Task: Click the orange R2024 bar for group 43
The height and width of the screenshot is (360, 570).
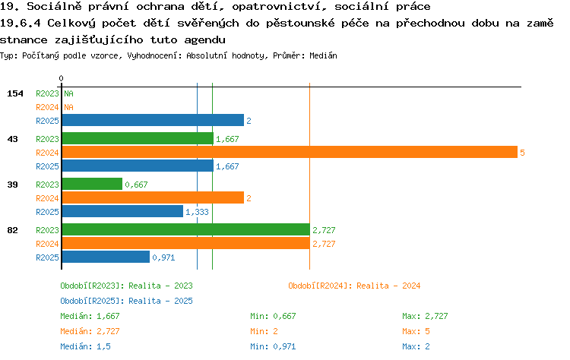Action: [x=290, y=152]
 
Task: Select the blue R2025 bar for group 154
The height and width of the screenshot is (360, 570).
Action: [x=153, y=120]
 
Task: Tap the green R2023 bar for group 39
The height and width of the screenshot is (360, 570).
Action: [x=92, y=184]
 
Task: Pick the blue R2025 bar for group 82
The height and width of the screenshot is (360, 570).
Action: [x=106, y=257]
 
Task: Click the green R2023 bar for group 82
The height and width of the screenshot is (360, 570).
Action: [x=186, y=229]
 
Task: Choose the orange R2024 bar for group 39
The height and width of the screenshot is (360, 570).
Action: [x=153, y=197]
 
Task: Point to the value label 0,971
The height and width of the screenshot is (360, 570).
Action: [x=163, y=257]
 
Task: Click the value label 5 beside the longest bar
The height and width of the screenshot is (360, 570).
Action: [x=522, y=153]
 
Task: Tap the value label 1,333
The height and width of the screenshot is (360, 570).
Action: [x=197, y=212]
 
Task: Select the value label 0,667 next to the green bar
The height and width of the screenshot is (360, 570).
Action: [x=136, y=185]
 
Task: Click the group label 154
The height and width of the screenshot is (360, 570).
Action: [x=15, y=93]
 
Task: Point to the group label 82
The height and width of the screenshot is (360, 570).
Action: [x=12, y=230]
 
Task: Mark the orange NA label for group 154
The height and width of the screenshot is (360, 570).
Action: [x=68, y=107]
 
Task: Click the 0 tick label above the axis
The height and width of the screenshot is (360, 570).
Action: [x=61, y=78]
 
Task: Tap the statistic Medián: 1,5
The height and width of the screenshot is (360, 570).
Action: [x=85, y=346]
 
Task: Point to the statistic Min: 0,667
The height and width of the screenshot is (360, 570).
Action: [x=273, y=317]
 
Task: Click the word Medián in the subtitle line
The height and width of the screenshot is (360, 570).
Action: [x=323, y=55]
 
